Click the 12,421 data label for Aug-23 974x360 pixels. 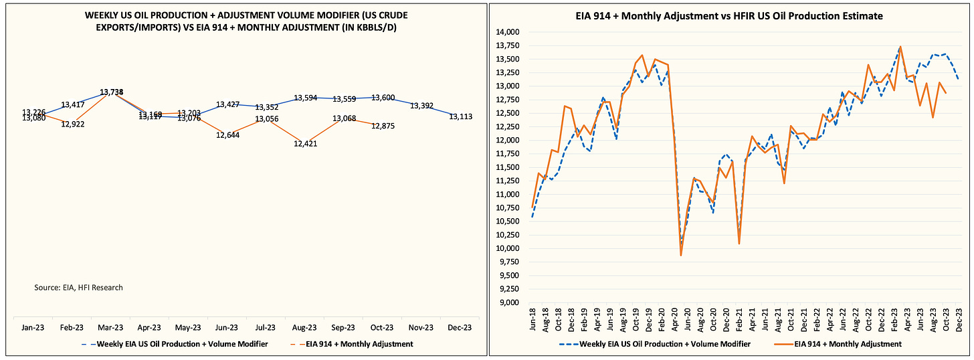pyautogui.click(x=303, y=143)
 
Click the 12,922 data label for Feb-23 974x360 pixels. pyautogui.click(x=72, y=124)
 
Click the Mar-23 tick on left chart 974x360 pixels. pyautogui.click(x=110, y=328)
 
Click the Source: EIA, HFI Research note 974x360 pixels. pyautogui.click(x=78, y=288)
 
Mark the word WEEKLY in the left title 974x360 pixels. pyautogui.click(x=104, y=14)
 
